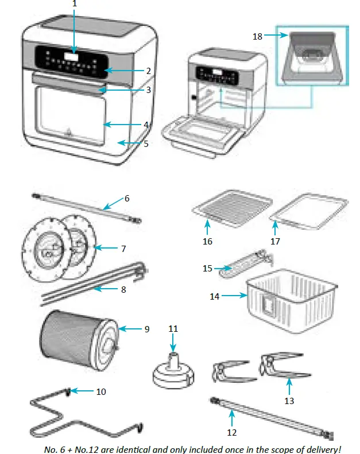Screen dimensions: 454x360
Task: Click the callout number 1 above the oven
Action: pyautogui.click(x=73, y=4)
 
